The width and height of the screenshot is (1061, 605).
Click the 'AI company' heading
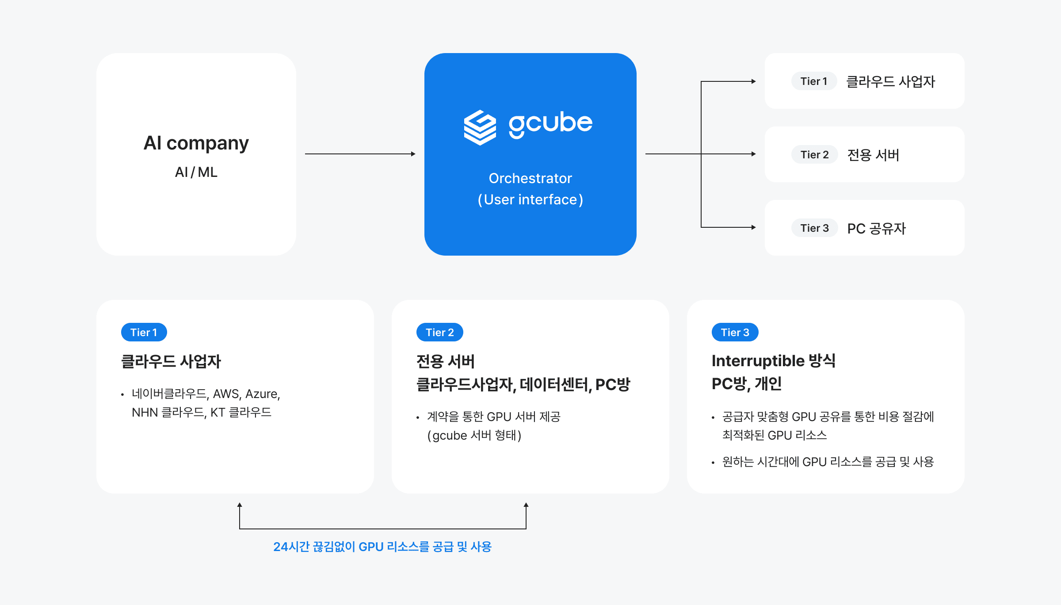(x=196, y=143)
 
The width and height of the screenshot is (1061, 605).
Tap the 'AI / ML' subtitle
(x=196, y=172)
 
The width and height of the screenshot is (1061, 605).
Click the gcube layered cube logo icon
(x=480, y=127)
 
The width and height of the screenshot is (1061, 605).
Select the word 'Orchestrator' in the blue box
(x=530, y=178)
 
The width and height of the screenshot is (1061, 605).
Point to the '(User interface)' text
(x=530, y=199)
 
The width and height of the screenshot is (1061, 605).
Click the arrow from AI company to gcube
(x=360, y=154)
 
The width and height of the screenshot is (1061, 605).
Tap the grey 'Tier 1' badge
(x=813, y=81)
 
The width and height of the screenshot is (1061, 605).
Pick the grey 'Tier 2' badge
(x=814, y=155)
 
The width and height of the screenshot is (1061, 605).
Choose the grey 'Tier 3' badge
(x=814, y=228)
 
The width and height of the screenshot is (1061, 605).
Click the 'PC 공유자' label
(x=876, y=229)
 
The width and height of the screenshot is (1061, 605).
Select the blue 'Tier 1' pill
(x=144, y=333)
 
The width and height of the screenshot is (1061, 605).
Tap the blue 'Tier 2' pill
(x=439, y=333)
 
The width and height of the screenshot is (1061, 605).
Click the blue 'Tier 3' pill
(x=735, y=333)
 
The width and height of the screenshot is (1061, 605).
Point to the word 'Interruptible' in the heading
(x=758, y=361)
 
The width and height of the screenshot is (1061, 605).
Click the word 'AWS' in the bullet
(x=226, y=394)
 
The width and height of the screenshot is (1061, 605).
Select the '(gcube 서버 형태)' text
(x=474, y=436)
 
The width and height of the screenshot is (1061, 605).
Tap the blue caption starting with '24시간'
(x=382, y=547)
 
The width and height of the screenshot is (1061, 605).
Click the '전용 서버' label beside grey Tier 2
(x=873, y=155)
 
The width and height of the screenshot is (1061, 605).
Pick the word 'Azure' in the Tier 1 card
(x=262, y=394)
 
